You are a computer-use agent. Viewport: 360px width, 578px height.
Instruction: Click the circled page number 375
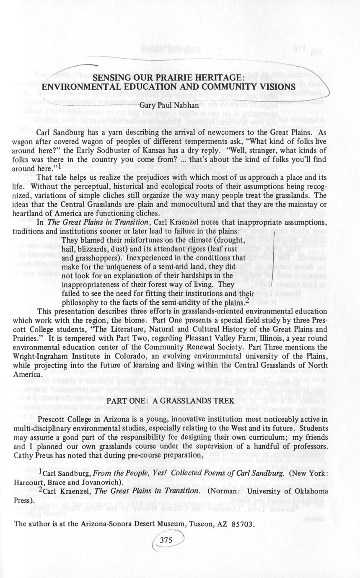(166, 540)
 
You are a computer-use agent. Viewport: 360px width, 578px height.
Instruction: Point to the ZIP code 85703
(243, 524)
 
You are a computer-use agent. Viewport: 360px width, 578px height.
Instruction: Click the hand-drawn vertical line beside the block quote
(273, 260)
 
